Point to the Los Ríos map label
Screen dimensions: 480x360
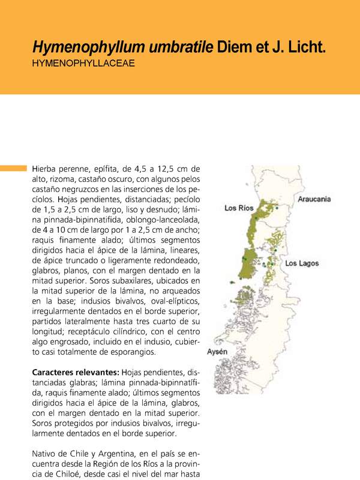click(239, 208)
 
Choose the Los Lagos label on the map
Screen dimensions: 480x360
click(302, 263)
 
